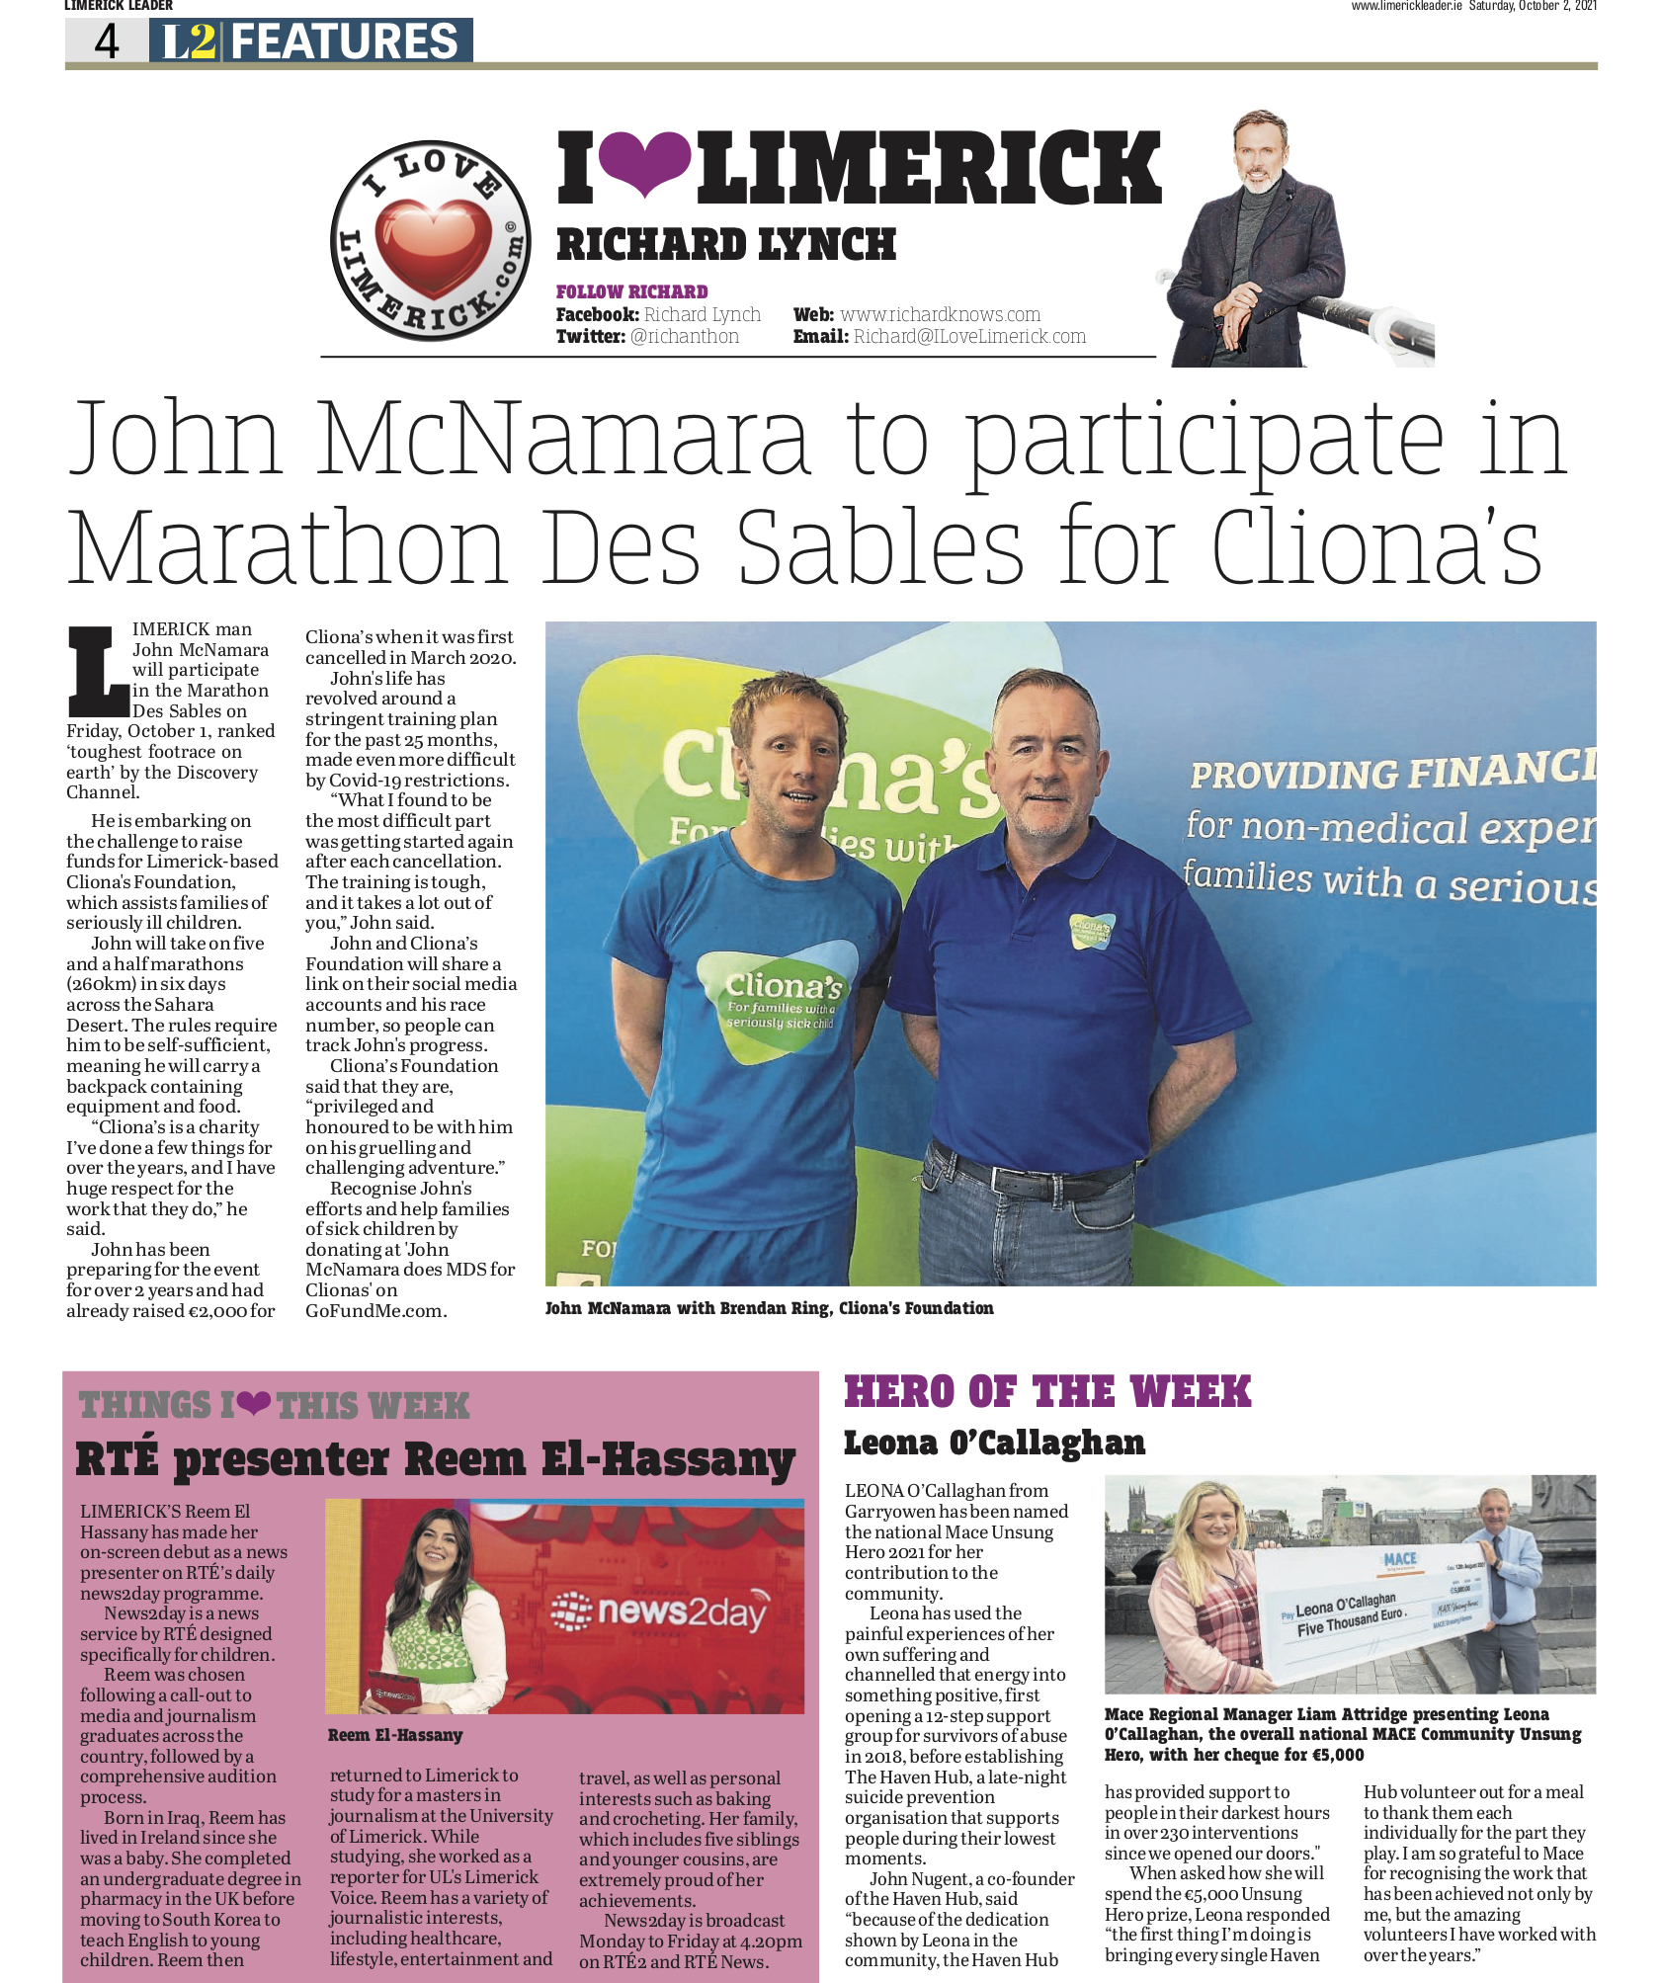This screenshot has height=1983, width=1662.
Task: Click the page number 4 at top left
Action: (106, 41)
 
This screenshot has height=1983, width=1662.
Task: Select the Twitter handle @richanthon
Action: (684, 336)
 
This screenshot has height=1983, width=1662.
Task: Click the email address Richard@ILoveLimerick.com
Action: (968, 336)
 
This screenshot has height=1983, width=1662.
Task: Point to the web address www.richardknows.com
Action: (940, 314)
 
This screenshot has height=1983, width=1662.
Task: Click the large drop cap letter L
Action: (98, 672)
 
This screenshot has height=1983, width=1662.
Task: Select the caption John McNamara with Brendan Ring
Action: (769, 1308)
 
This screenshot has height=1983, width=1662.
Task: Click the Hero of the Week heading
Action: (1047, 1392)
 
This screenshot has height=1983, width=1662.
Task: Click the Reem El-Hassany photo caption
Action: (395, 1735)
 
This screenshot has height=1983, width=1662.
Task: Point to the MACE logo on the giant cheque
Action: (1400, 1558)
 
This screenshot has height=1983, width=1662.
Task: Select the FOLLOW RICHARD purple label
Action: (631, 291)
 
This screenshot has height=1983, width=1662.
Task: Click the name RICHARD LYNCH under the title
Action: (725, 244)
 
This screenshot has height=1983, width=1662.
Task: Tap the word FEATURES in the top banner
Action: (344, 41)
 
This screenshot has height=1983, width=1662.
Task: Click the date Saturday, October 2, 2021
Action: (1532, 6)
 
